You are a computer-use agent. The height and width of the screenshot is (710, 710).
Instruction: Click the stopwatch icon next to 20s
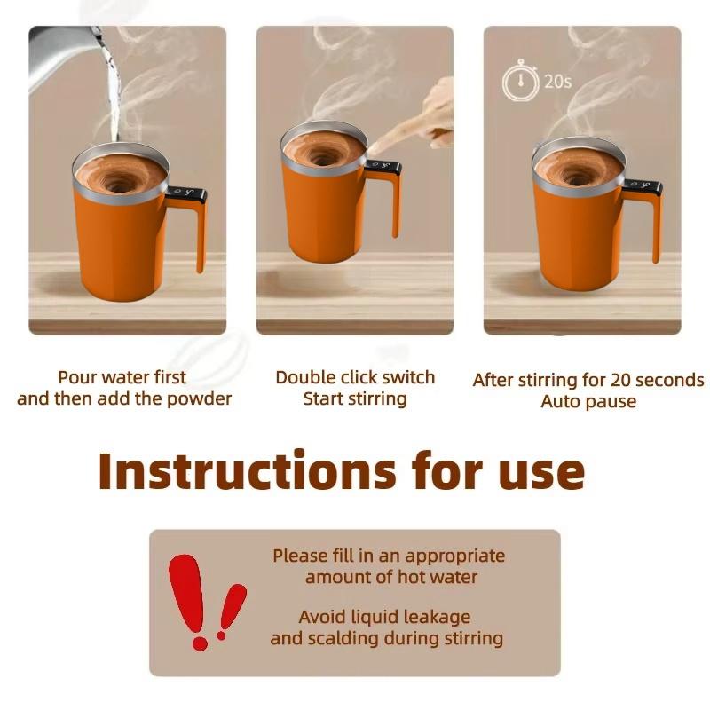pos(520,82)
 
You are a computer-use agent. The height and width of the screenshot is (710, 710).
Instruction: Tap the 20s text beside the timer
pos(557,82)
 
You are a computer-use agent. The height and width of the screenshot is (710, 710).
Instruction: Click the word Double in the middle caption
pos(306,377)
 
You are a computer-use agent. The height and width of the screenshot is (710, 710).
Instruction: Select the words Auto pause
pos(588,401)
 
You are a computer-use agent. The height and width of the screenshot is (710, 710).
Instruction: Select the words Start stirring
pos(355,398)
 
